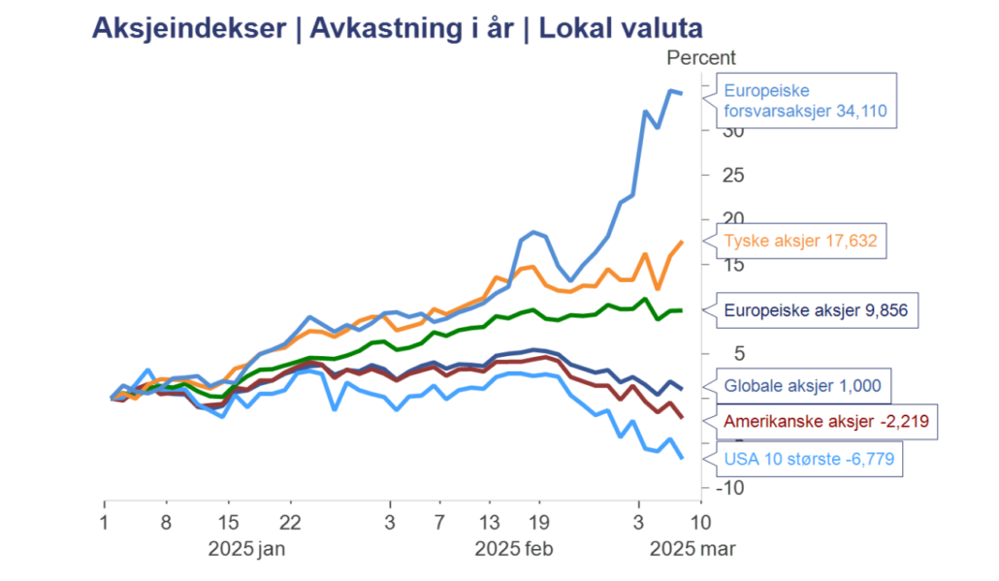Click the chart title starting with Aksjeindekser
(x=397, y=28)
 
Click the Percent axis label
(x=701, y=58)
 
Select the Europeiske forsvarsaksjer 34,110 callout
(x=805, y=102)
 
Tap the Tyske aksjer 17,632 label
(x=801, y=241)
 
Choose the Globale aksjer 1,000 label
(x=802, y=385)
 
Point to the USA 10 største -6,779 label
(x=808, y=457)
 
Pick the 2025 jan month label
(x=246, y=549)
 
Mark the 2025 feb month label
(x=513, y=549)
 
